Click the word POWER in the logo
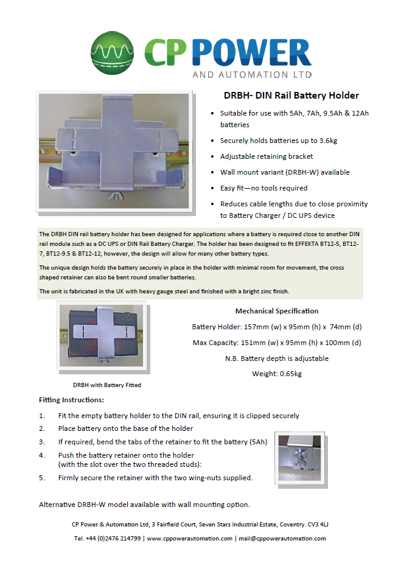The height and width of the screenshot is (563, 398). point(256,54)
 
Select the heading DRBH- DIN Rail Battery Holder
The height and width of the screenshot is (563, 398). point(291,96)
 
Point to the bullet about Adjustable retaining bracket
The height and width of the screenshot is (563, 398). point(267,156)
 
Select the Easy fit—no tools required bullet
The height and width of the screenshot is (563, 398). point(264,188)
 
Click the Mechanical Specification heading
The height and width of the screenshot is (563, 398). point(276,311)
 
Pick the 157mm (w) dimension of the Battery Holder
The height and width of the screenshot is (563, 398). point(259,327)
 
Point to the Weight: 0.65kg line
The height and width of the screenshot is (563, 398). point(276,374)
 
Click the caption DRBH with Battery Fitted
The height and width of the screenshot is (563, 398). point(106,385)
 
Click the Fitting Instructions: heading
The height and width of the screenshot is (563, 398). point(71,400)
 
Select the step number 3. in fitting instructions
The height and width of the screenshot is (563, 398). point(42,442)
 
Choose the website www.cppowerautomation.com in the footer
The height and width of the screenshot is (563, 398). point(189,538)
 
